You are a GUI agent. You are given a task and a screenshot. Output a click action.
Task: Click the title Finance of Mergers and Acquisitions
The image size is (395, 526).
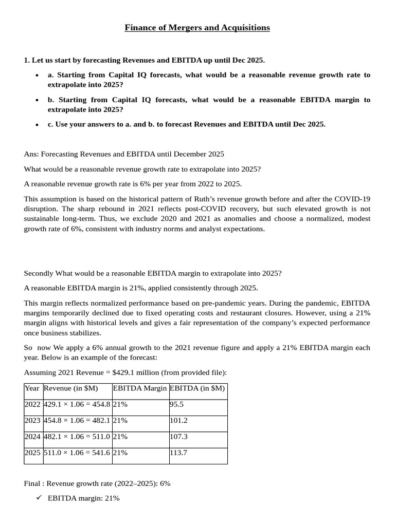(x=197, y=28)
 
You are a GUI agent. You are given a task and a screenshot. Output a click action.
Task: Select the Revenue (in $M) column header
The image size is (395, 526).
(x=70, y=388)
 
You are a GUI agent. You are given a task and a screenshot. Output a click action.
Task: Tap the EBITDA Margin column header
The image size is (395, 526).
(x=140, y=388)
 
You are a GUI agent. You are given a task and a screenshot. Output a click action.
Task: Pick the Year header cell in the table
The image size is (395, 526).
(x=32, y=388)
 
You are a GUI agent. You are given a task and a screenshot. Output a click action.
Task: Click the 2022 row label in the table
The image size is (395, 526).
(x=32, y=404)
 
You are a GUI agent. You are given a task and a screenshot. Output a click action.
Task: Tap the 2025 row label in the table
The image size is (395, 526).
(x=32, y=453)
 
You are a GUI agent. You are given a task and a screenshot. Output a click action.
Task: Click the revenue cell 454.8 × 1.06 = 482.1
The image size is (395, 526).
(x=77, y=420)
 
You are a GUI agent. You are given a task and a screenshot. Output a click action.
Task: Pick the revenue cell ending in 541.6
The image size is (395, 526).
(x=77, y=453)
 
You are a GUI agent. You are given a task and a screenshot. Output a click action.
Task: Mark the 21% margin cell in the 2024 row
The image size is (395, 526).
(x=120, y=437)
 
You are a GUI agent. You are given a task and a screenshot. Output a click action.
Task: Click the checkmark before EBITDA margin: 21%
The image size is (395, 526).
(x=39, y=498)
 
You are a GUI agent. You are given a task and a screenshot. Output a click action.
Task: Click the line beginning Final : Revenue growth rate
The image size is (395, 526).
(x=97, y=483)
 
